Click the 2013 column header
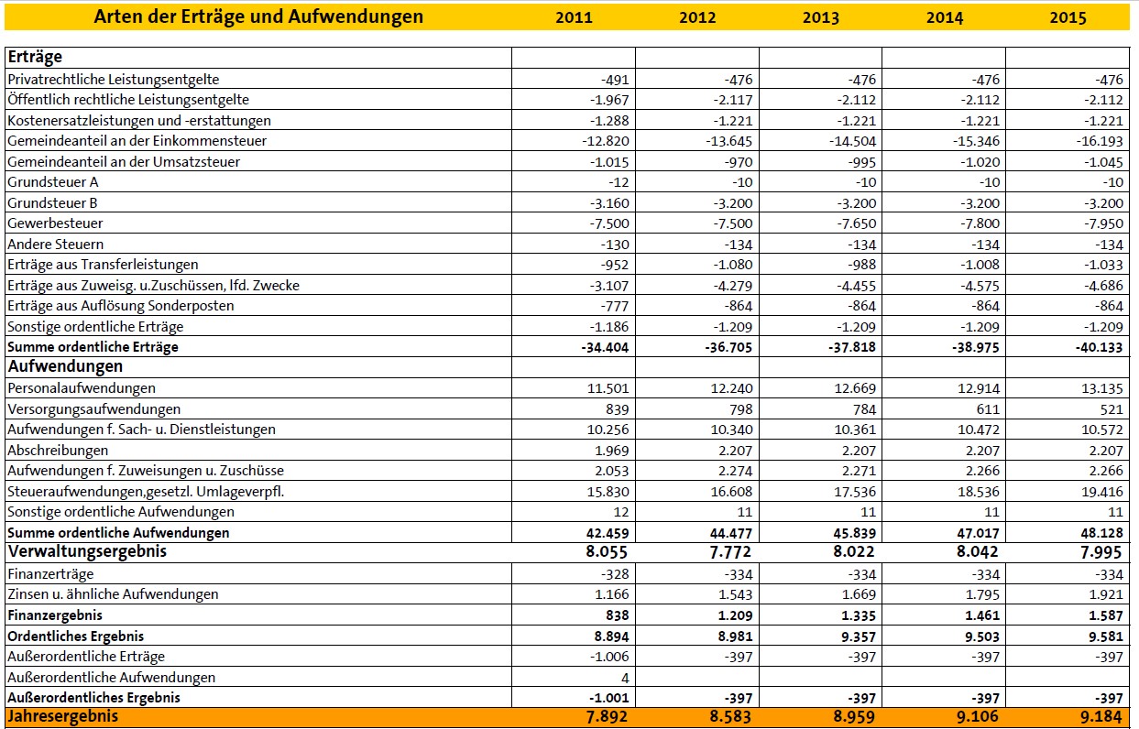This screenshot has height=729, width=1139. point(820,17)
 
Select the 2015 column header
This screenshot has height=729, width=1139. point(1068,17)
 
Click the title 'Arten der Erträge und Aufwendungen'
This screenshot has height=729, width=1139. point(259,16)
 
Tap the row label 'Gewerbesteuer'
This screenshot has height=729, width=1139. point(55,223)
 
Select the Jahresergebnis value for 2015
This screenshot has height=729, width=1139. point(1099,717)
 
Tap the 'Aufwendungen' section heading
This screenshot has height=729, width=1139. point(65,366)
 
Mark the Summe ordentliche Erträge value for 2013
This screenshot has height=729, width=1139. point(848,348)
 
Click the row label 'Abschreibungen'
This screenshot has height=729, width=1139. point(58,451)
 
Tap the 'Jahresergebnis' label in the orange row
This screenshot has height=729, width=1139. point(62,717)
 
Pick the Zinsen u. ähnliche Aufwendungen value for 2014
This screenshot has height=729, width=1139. point(978,594)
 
